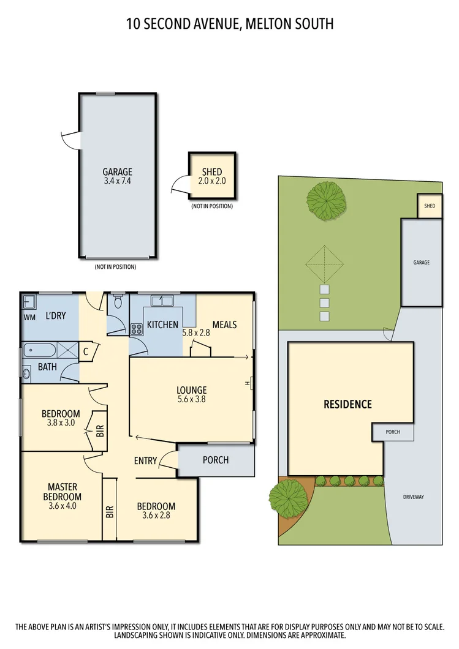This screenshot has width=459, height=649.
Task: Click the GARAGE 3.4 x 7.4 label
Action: tap(116, 176)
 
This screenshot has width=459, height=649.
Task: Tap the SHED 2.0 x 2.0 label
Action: tap(212, 176)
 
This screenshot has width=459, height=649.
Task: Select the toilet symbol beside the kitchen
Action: tap(118, 302)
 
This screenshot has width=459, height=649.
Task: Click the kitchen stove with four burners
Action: tap(137, 329)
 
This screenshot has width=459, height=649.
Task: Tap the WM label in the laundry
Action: tap(29, 317)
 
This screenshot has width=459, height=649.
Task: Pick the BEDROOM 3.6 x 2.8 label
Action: tap(156, 511)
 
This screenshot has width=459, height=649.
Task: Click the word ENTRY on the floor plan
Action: tap(146, 460)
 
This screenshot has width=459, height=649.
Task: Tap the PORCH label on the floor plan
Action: tap(215, 460)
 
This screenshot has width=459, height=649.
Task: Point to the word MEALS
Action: tap(224, 324)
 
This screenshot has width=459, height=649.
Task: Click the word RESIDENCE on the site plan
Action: tap(347, 404)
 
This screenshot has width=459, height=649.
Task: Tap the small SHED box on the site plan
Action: tap(430, 206)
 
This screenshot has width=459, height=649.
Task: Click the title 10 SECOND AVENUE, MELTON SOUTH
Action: tap(229, 24)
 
